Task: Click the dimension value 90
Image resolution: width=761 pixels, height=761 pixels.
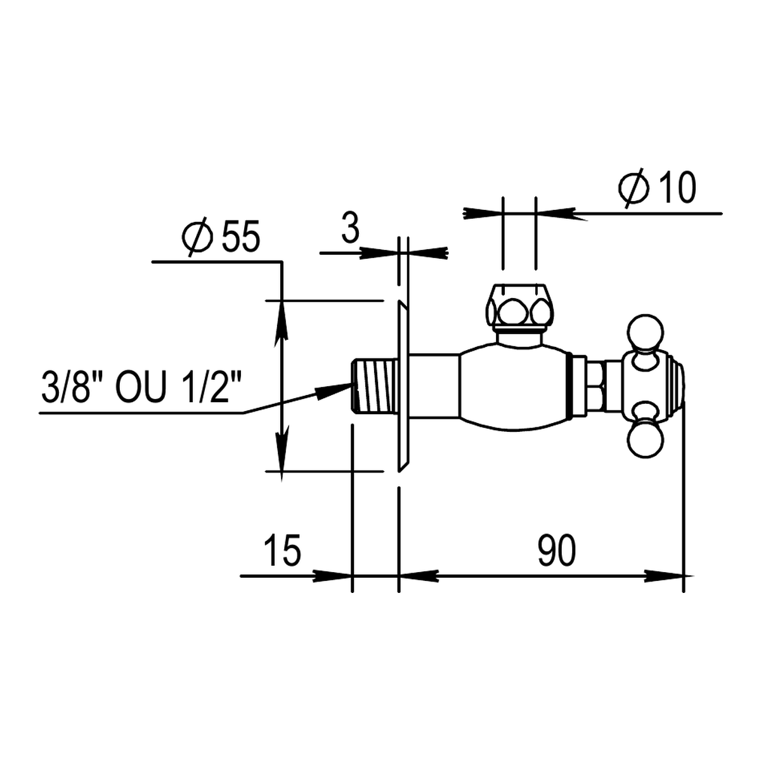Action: pos(556,550)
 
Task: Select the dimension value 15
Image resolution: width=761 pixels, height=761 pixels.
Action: pos(282,550)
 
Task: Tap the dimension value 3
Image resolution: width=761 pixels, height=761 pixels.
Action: pos(350,228)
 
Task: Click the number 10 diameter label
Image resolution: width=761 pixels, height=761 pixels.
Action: pos(677,188)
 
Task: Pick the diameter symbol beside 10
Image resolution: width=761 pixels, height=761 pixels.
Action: pos(634,188)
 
